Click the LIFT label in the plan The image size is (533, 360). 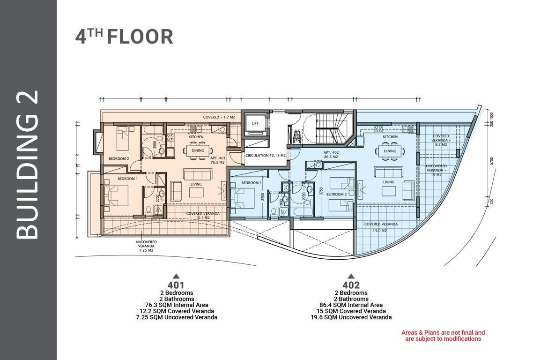pos(255,124)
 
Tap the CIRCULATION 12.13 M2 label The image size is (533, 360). pos(266,156)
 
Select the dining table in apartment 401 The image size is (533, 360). pos(198,151)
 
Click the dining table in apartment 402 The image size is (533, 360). pos(390,151)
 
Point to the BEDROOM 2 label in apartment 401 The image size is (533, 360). pos(118,158)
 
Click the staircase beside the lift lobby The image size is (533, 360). pos(332,131)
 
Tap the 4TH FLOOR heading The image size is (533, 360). pos(124,37)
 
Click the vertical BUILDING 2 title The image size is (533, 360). pos(27,165)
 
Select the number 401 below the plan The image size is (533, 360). pos(176,285)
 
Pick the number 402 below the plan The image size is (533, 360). pos(351,285)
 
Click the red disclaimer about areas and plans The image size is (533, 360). pos(443,336)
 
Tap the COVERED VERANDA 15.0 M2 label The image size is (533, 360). pos(381,227)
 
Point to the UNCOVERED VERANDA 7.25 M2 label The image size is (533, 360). pos(146,246)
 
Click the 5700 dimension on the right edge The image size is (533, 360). pos(491,161)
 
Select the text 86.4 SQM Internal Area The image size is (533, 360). pos(351,305)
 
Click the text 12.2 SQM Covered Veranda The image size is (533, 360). pos(177,311)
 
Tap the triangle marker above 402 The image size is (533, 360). pos(351,276)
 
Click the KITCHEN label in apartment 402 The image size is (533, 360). pos(390,137)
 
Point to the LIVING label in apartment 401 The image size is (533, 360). pos(196,184)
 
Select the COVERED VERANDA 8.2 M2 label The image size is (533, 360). pos(441,140)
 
